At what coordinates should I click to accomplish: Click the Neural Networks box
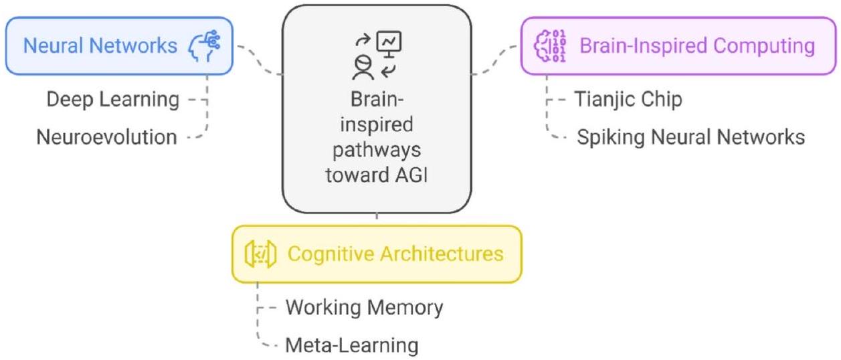(x=119, y=46)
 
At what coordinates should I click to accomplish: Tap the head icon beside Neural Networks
(x=205, y=46)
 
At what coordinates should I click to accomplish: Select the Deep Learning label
(x=112, y=100)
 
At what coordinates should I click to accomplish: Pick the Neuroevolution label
(x=106, y=137)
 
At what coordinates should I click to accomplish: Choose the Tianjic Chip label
(x=628, y=100)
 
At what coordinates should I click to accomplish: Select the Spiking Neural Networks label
(x=690, y=137)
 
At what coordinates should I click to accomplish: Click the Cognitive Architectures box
(x=376, y=254)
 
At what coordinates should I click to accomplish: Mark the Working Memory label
(x=364, y=308)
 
